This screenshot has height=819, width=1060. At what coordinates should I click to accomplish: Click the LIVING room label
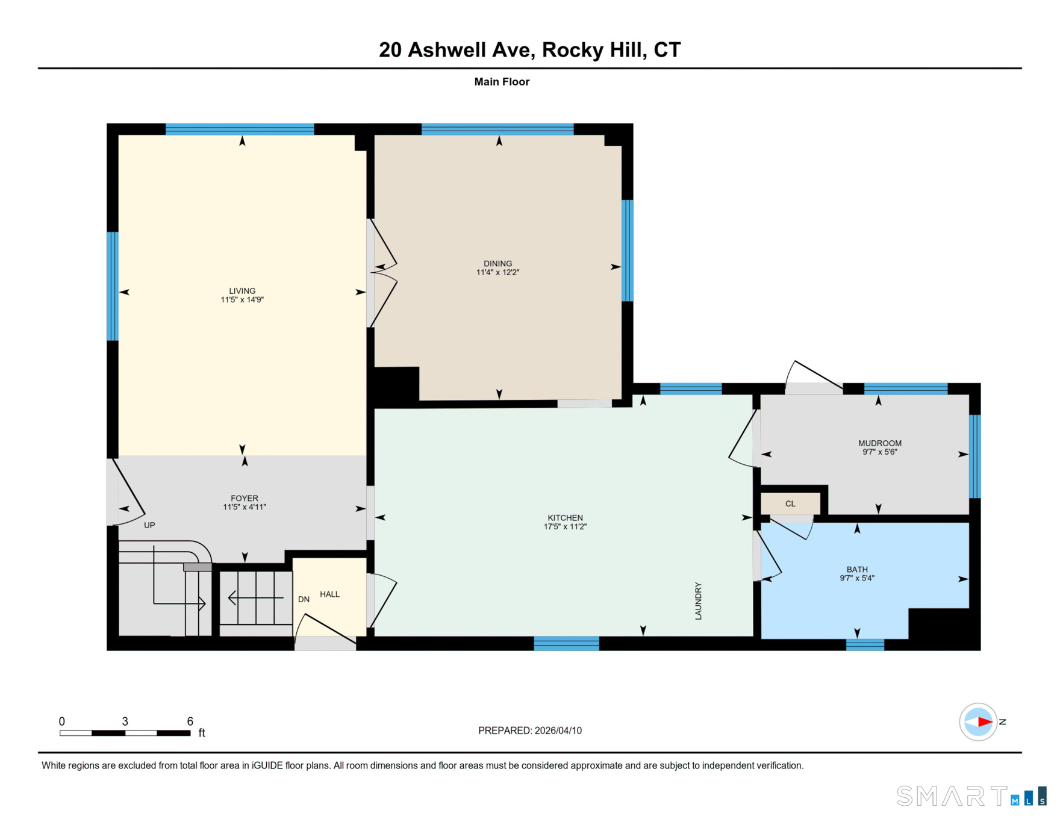tap(242, 291)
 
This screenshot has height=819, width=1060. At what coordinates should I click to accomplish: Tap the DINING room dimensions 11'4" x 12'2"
tap(497, 272)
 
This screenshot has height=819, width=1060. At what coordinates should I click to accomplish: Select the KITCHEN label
tap(565, 518)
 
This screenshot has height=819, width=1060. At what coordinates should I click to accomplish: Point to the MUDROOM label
tap(879, 443)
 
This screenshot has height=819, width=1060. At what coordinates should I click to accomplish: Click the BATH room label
tap(857, 569)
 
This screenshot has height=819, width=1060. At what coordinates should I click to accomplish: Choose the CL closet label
tap(790, 503)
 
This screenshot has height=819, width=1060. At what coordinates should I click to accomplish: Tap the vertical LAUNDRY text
tap(699, 600)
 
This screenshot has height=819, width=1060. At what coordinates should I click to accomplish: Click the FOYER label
tap(245, 498)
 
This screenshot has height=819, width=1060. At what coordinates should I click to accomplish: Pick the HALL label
tap(329, 594)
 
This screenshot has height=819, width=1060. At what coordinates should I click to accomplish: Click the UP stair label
tap(149, 525)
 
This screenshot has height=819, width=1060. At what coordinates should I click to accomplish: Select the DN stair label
tap(304, 599)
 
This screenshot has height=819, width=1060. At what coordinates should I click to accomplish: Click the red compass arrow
tap(985, 721)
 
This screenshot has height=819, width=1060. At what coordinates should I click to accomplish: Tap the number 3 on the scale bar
tap(125, 721)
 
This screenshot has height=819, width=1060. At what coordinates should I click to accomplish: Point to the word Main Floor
tap(502, 82)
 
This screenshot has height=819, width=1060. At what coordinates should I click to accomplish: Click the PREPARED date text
tap(530, 730)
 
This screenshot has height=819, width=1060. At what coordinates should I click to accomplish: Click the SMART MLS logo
tap(971, 796)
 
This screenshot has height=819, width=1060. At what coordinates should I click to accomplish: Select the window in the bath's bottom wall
tap(865, 645)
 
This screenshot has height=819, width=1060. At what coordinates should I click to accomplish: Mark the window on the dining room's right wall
tap(627, 251)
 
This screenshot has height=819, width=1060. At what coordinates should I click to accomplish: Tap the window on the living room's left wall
tap(113, 286)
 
